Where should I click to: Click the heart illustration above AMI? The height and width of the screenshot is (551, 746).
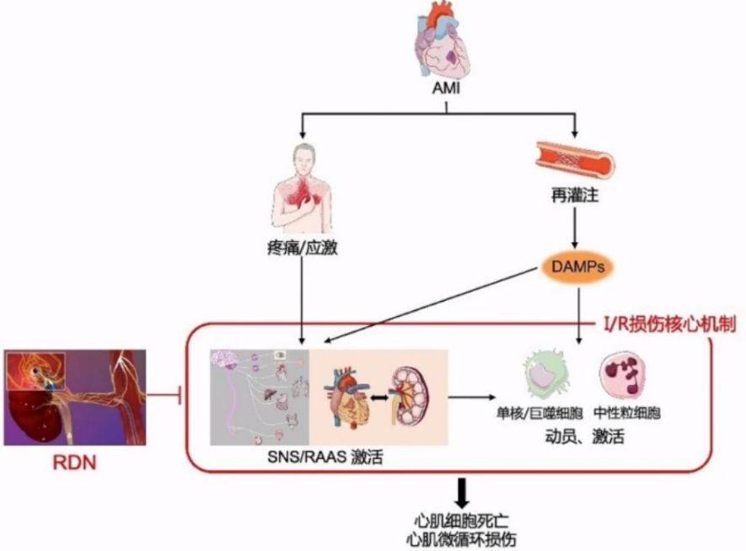point(445,42)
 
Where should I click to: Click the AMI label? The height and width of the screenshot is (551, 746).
point(446,90)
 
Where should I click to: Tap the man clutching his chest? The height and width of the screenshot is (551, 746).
point(302,190)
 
